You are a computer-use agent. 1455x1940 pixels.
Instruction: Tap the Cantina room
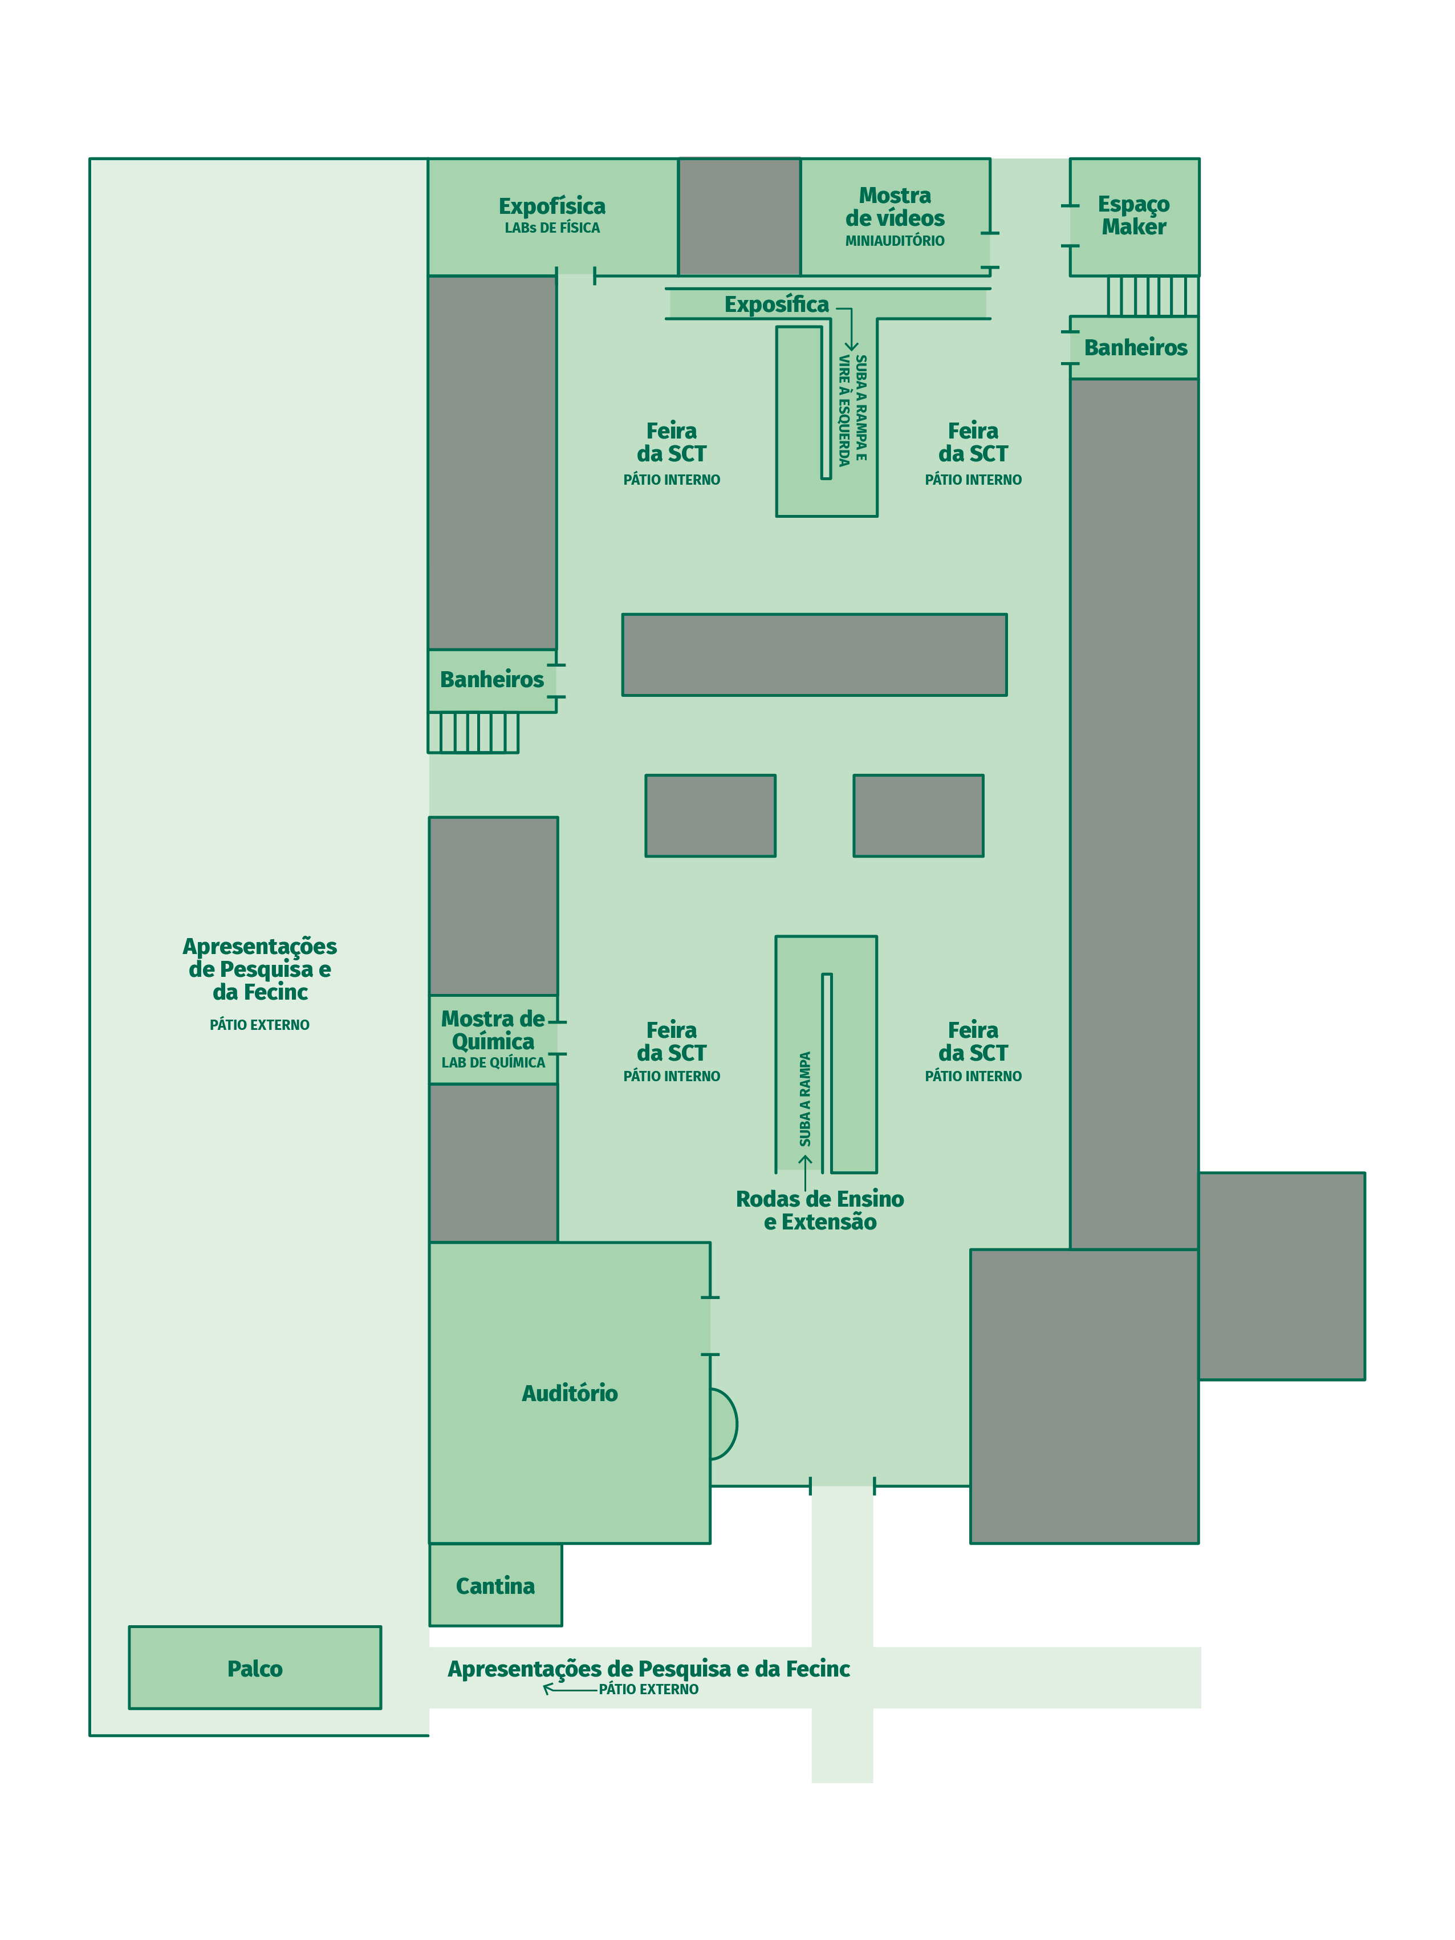(x=495, y=1584)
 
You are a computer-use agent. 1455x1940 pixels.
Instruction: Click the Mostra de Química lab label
(x=493, y=1038)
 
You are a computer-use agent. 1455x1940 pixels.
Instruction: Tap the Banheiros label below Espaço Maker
(x=1135, y=347)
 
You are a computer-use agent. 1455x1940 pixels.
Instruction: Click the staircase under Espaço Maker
(x=1152, y=295)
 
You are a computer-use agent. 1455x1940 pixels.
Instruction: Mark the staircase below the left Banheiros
(x=473, y=732)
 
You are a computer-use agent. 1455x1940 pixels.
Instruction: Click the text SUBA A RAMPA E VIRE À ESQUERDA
(x=852, y=409)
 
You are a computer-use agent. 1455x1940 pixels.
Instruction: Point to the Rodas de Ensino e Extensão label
(x=819, y=1210)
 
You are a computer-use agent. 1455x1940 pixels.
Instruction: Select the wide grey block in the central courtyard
(x=814, y=654)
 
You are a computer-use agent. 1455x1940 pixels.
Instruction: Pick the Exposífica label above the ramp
(x=776, y=305)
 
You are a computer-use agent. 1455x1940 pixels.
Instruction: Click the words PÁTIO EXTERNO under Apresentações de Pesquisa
(x=259, y=1024)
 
